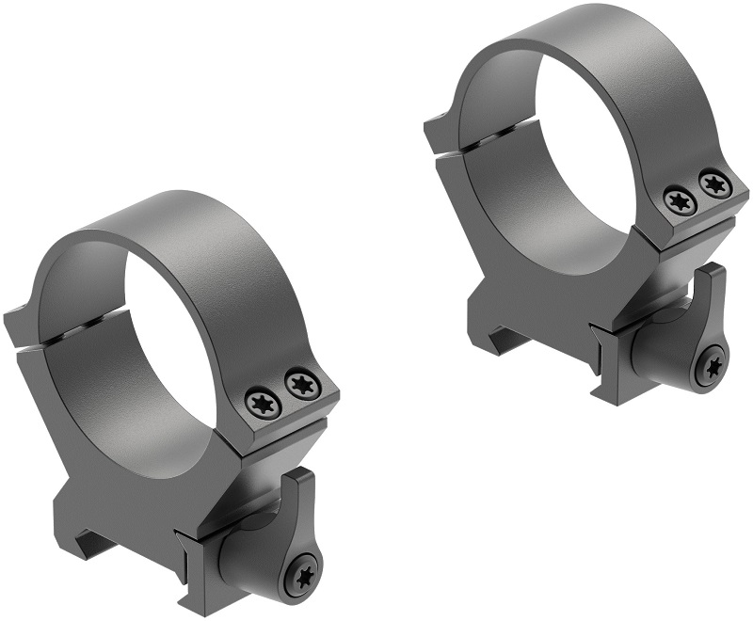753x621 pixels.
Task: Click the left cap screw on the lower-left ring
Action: click(x=260, y=403)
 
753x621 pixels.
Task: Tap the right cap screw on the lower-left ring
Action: click(x=301, y=383)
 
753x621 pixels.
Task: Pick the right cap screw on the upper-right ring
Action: click(x=713, y=181)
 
